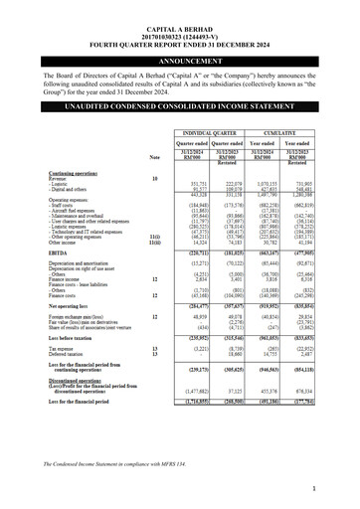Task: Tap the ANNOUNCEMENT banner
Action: pos(180,62)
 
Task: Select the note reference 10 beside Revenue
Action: pos(154,177)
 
